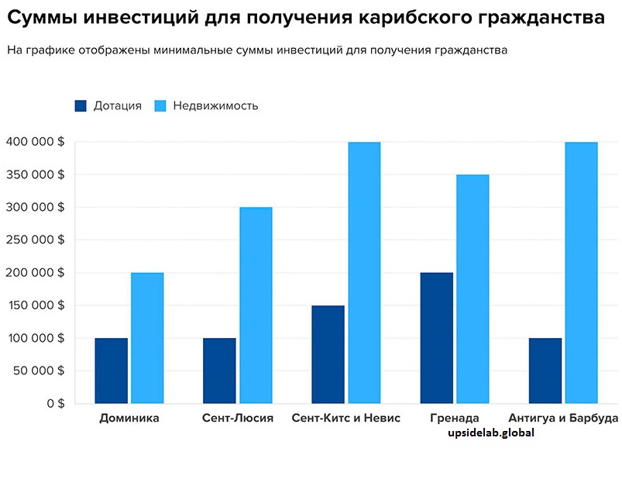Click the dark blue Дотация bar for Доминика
coord(111,371)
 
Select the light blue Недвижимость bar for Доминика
coord(147,338)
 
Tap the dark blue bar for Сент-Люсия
coord(219,371)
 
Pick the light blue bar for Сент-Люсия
coord(256,305)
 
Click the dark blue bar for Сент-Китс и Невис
coord(328,354)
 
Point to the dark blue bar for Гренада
coord(436,338)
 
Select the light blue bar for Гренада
coord(473,289)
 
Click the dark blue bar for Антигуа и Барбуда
coord(545,371)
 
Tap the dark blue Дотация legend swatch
coord(81,106)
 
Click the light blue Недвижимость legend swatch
coord(160,106)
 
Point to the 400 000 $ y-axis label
coord(35,142)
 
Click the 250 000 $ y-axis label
coord(35,240)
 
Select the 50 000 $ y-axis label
coord(38,371)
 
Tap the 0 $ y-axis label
coord(56,403)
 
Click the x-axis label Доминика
coord(129,419)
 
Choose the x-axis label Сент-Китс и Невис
coord(346,419)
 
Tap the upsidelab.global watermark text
coord(491,434)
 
